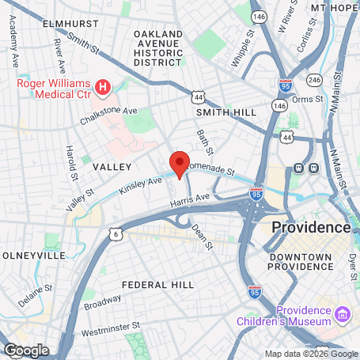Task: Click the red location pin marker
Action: click(180, 164)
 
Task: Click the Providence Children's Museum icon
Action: click(341, 315)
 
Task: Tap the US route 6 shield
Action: click(117, 234)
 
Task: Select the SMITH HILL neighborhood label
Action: click(226, 113)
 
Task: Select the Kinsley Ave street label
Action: click(140, 187)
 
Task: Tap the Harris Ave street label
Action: click(191, 202)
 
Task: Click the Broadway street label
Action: click(103, 301)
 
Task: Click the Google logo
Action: click(26, 351)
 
